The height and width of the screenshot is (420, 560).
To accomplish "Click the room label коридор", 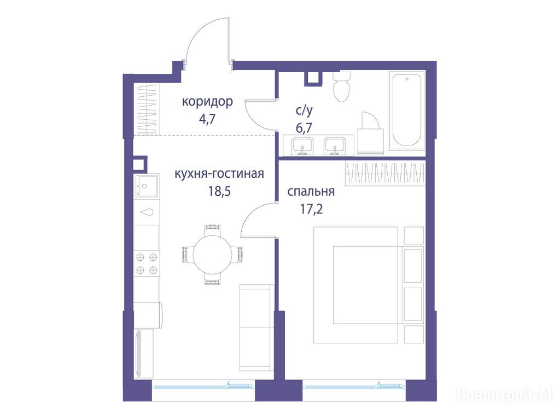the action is point(207,102).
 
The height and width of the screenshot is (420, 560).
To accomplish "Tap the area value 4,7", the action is point(207,119).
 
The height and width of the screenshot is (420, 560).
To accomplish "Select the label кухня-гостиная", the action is point(219,174).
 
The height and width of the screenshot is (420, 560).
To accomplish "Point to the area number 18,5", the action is point(219,191).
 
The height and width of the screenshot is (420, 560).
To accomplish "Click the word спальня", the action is point(311,192).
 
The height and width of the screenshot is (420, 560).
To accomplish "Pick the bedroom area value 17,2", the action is point(311,209).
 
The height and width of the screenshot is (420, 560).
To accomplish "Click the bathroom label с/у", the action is point(304,111).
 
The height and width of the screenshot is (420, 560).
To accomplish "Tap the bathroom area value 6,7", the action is point(304,127).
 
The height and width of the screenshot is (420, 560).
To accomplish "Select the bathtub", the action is point(407,110).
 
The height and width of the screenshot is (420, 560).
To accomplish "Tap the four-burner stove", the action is point(147,263).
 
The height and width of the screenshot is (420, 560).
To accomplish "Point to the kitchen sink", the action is point(147,186).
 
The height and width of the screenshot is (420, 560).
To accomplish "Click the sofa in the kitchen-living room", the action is point(256,328).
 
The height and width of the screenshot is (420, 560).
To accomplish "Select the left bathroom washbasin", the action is point(302,147).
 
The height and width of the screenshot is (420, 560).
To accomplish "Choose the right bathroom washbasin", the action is point(335,147).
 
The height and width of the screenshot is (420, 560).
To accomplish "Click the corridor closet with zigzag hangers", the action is point(147,109).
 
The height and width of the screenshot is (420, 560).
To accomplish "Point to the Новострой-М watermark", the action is point(505,395).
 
